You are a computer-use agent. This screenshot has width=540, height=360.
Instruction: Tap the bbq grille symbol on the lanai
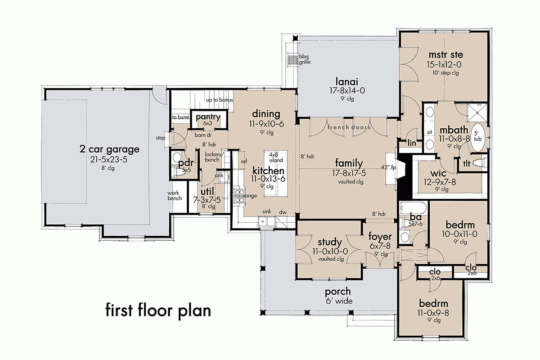(293, 59)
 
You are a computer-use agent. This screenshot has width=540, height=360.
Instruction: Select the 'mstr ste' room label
(445, 55)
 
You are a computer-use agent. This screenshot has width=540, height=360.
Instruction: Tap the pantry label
(208, 117)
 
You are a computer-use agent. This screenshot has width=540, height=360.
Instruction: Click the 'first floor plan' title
(158, 310)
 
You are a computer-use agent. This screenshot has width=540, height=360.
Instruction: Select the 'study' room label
(330, 243)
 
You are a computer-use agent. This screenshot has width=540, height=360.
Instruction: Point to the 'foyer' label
(380, 237)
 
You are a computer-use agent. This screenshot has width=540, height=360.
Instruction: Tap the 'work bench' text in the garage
(175, 195)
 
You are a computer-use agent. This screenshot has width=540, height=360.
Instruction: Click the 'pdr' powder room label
(185, 162)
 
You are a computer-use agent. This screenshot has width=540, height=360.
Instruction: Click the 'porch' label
(339, 292)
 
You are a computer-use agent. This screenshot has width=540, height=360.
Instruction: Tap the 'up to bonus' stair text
(219, 99)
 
